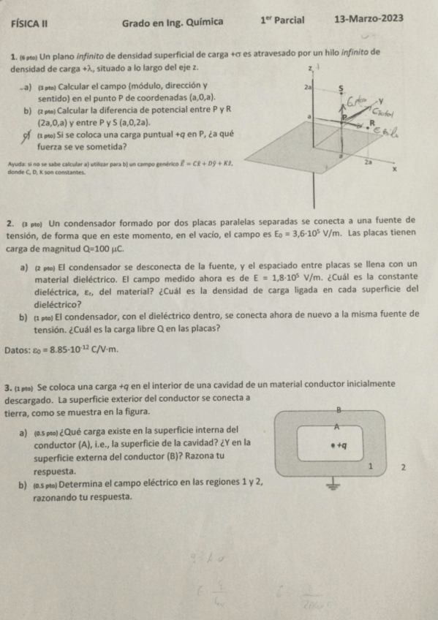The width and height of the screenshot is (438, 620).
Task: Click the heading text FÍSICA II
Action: point(30,22)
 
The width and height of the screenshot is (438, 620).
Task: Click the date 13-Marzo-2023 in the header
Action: point(368,19)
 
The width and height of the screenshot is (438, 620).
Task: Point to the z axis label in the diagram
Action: point(310,67)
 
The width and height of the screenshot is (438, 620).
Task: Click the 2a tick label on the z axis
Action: point(308,86)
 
